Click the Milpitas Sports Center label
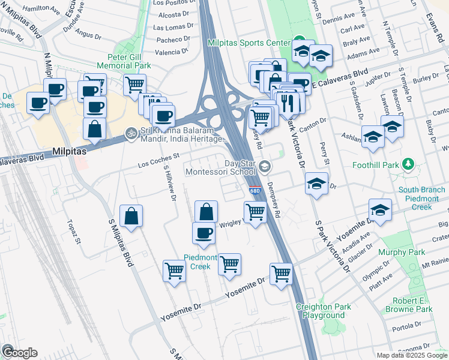[x=247, y=44]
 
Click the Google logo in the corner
[x=19, y=352]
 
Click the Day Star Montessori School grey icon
[x=265, y=167]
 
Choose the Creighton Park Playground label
[x=324, y=311]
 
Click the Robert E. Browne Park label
[x=412, y=305]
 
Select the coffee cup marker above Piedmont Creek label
[x=203, y=233]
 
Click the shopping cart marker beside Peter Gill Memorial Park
[x=135, y=84]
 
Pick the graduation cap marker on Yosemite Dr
[x=379, y=210]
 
